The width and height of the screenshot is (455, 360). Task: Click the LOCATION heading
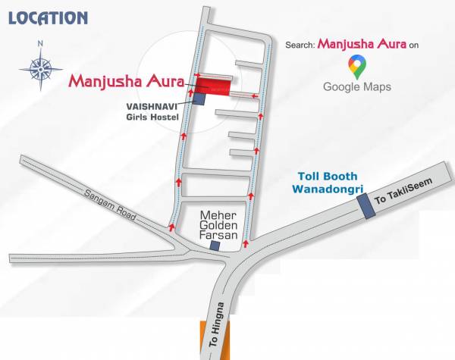48,17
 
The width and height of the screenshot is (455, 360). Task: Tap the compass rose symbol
40,68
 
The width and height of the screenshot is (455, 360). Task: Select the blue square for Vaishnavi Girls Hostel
199,98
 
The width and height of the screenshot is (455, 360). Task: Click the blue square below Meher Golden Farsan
215,245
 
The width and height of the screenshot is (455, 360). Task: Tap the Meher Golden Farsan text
218,225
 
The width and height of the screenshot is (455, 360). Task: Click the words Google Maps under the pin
357,87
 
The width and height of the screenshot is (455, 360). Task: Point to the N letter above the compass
40,43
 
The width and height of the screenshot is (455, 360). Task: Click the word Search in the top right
300,45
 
